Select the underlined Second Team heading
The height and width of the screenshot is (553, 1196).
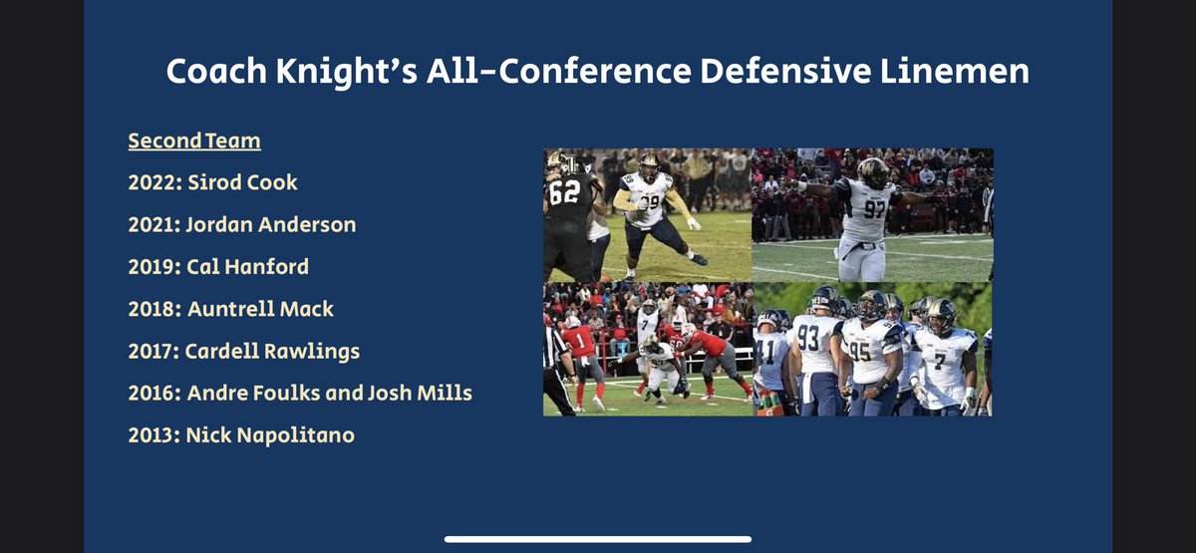(194, 141)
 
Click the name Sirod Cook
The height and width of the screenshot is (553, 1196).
(242, 183)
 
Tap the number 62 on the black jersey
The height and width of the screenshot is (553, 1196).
(564, 192)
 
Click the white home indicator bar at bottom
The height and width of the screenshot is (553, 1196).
(598, 539)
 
